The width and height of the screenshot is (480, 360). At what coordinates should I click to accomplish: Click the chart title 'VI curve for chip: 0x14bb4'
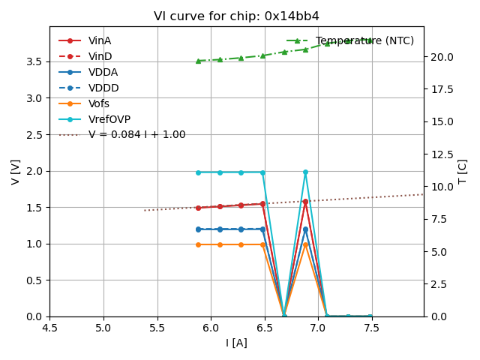point(236,16)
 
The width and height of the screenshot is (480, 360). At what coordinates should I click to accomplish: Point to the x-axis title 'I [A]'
point(236,343)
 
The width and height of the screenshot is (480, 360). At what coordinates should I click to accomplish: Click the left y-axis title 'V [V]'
point(16,172)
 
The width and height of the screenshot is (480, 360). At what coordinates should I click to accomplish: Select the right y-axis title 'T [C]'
point(462,172)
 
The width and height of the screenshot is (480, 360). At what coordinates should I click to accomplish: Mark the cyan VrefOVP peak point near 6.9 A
point(305,172)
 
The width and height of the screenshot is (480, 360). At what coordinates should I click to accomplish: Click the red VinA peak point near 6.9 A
point(305,202)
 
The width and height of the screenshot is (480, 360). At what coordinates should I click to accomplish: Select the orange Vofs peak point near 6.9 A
point(305,244)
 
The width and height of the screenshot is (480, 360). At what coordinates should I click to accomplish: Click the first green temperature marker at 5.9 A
point(198,61)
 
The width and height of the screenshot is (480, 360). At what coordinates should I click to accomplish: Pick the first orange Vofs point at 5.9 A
point(198,244)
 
